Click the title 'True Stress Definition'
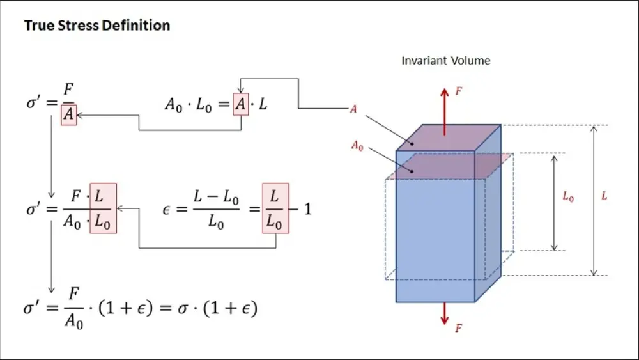tap(97, 26)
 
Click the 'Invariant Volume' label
tap(445, 61)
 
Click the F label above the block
tap(458, 91)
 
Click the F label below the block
tap(458, 329)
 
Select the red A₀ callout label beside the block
tap(357, 146)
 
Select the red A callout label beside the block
tap(353, 109)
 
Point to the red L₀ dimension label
tap(567, 198)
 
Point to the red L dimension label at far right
tap(604, 196)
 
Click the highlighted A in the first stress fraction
tap(68, 114)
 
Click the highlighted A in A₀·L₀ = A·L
tap(240, 104)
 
